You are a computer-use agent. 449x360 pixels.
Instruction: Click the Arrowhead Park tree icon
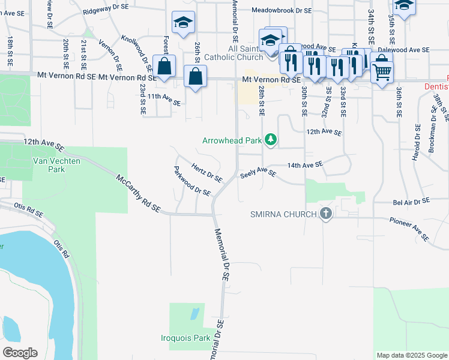click(271, 140)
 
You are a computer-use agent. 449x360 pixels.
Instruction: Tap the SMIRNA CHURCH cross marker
click(325, 214)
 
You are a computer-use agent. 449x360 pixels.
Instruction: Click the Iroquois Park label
click(185, 338)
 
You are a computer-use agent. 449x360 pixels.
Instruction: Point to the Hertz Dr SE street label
click(207, 173)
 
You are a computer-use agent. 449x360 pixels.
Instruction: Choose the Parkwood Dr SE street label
click(192, 181)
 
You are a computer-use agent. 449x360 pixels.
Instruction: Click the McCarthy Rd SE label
click(138, 193)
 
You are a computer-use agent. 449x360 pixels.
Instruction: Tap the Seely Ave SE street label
click(258, 173)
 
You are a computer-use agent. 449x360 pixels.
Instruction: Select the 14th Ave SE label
click(305, 164)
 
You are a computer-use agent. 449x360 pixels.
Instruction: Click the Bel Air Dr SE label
click(412, 202)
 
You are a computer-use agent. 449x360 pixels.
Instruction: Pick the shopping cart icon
click(382, 73)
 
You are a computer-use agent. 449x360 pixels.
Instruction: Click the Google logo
click(20, 353)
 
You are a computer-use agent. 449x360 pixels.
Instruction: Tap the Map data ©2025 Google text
click(411, 355)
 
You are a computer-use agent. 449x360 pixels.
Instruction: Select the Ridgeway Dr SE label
click(106, 8)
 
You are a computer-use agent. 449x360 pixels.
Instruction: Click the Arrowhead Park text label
click(232, 140)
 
